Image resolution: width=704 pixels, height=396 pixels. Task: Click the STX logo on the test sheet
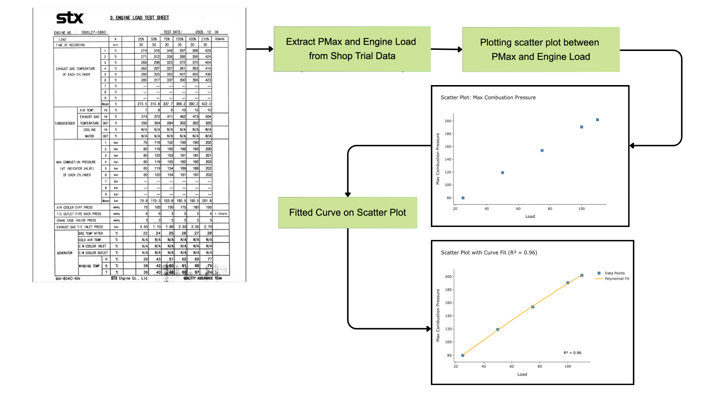pyautogui.click(x=70, y=18)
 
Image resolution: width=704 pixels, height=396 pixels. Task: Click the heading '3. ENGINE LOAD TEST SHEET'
pyautogui.click(x=139, y=18)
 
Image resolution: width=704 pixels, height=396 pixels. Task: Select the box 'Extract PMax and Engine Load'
pyautogui.click(x=352, y=49)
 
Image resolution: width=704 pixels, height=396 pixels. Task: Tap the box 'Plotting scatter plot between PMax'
pyautogui.click(x=540, y=49)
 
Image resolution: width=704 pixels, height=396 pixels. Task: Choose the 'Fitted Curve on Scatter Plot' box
pyautogui.click(x=347, y=213)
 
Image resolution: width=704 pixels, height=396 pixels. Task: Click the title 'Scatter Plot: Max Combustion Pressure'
pyautogui.click(x=488, y=98)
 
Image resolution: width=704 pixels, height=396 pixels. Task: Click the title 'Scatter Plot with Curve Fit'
pyautogui.click(x=489, y=253)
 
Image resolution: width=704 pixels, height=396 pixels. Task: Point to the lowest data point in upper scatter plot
pyautogui.click(x=463, y=198)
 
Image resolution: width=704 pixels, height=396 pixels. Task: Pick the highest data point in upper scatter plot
pyautogui.click(x=597, y=120)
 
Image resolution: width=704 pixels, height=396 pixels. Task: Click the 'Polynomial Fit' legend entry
pyautogui.click(x=616, y=279)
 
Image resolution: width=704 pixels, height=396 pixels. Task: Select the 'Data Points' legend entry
pyautogui.click(x=614, y=273)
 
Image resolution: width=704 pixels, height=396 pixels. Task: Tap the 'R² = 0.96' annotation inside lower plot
pyautogui.click(x=572, y=353)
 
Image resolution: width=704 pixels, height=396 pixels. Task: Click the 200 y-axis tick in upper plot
pyautogui.click(x=448, y=121)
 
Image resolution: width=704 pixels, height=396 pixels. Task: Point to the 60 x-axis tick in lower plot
pyautogui.click(x=511, y=366)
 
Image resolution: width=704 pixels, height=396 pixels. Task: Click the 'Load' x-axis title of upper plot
pyautogui.click(x=530, y=217)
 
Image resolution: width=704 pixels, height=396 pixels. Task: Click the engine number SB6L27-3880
pyautogui.click(x=93, y=32)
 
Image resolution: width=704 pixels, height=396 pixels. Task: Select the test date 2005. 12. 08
pyautogui.click(x=207, y=32)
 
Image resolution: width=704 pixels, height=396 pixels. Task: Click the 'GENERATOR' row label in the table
pyautogui.click(x=65, y=253)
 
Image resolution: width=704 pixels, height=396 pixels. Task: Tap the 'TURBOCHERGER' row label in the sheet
pyautogui.click(x=65, y=124)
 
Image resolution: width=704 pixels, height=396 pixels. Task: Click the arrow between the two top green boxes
pyautogui.click(x=446, y=49)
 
